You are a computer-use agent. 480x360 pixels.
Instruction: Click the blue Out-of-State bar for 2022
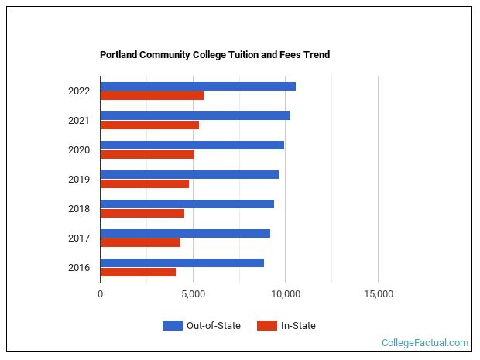[x=197, y=86]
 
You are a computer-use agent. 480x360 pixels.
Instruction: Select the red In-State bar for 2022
[x=152, y=96]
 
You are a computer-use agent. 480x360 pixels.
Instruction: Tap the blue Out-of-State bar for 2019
[x=189, y=174]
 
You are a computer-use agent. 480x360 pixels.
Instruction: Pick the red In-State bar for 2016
[x=138, y=273]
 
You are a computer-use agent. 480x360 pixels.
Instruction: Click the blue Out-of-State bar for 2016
[x=182, y=262]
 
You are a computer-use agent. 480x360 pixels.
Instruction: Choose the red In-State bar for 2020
[x=147, y=155]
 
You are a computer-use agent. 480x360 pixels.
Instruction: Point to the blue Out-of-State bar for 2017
[x=185, y=233]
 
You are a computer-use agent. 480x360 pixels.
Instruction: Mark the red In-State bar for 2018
[x=142, y=214]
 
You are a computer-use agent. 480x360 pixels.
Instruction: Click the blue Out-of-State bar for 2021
[x=195, y=115]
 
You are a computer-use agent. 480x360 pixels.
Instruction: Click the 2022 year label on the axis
[x=79, y=91]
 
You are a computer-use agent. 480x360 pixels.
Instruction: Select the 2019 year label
[x=79, y=180]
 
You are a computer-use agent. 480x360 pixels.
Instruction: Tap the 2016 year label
[x=79, y=268]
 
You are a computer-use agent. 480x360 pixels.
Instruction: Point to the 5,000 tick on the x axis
[x=193, y=294]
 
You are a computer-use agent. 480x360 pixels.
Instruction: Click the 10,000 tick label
[x=285, y=294]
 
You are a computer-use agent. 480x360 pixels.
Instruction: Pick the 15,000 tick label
[x=378, y=294]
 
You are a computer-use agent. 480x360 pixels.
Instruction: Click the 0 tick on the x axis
[x=100, y=294]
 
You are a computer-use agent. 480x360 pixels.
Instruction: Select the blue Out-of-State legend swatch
[x=172, y=326]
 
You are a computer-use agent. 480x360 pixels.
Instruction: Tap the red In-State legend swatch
[x=266, y=326]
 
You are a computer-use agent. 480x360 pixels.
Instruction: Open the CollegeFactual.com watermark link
[x=425, y=342]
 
